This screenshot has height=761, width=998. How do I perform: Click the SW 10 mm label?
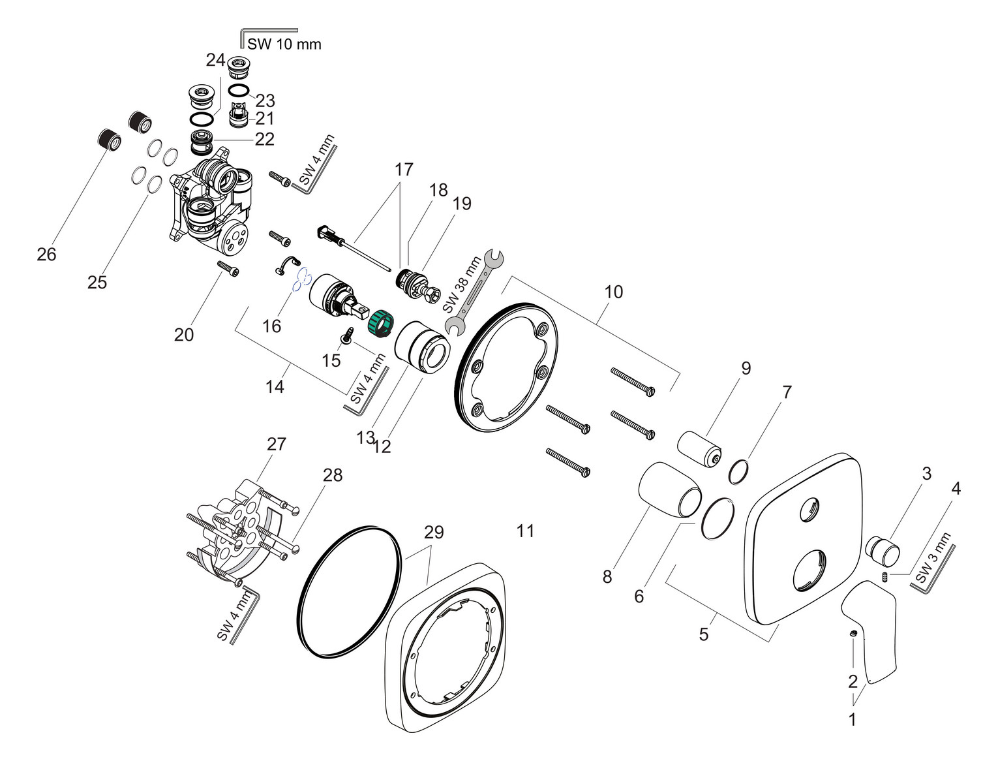284,44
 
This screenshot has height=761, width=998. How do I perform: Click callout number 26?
46,254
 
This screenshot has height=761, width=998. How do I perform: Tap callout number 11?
525,531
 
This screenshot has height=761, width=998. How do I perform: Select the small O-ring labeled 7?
738,472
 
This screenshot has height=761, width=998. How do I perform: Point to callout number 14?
275,386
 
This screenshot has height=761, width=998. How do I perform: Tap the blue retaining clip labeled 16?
301,281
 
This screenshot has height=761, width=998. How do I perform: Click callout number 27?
277,444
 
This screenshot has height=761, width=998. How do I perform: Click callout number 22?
264,139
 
